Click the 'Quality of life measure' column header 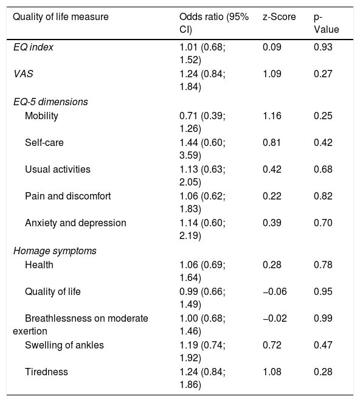tap(61, 17)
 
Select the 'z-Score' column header tap(279, 17)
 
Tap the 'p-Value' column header tap(326, 23)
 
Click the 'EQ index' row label tap(33, 47)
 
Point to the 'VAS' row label tap(23, 74)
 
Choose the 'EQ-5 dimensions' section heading tap(50, 102)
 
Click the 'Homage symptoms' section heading tap(55, 251)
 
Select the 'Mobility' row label tap(41, 116)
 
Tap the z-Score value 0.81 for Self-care tap(272, 142)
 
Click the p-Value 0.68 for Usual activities tap(323, 169)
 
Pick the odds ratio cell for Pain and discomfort tap(202, 203)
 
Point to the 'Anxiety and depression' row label tap(75, 223)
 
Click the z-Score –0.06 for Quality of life tap(275, 291)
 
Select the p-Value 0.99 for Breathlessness tap(323, 318)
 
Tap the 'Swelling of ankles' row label tap(64, 345)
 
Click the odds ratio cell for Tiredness tap(202, 378)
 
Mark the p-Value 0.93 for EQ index tap(323, 47)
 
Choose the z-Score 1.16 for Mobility tap(272, 116)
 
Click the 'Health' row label tap(39, 265)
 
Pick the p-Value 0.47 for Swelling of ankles tap(323, 345)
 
